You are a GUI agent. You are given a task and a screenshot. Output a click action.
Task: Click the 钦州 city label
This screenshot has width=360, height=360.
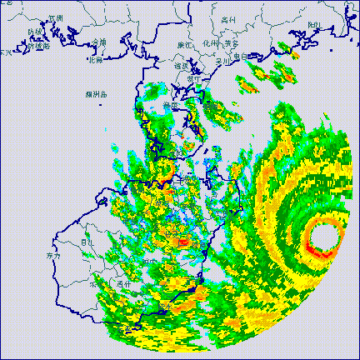[56, 16]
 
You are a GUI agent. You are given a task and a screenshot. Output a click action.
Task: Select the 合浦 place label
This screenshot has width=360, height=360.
[100, 42]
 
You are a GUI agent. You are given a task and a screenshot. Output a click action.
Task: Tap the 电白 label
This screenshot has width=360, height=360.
[242, 57]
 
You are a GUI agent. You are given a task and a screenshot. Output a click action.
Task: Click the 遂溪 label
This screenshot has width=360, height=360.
[181, 65]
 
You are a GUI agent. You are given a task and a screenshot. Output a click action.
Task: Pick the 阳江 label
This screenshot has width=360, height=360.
[315, 25]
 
